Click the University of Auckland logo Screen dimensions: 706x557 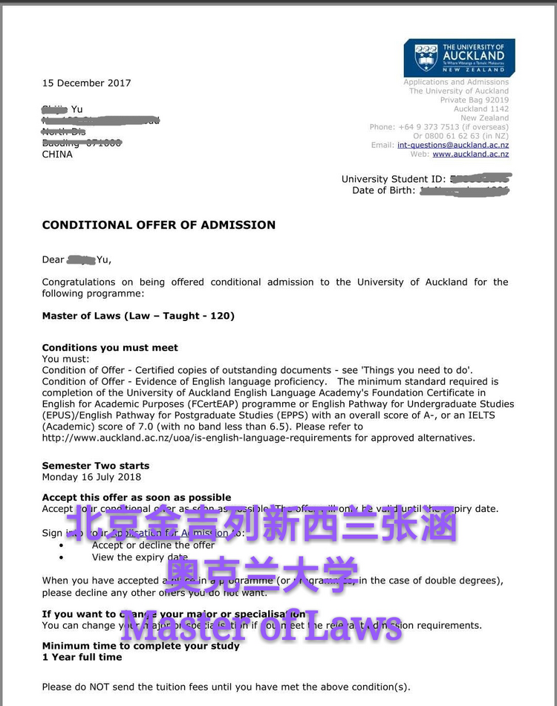coord(459,58)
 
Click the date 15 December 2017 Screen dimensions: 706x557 coord(86,83)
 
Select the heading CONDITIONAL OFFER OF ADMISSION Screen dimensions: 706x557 coord(158,225)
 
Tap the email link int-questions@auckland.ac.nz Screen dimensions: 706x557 coord(453,145)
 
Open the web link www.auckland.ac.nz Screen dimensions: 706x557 coord(471,154)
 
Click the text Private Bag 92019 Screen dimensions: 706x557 coord(475,100)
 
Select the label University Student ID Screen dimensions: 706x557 coord(393,179)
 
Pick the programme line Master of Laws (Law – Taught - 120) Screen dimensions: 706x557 coord(138,316)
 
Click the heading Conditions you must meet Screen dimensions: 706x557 coord(110,348)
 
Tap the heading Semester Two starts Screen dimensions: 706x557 coord(96,466)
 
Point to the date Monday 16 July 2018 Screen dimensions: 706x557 coord(91,477)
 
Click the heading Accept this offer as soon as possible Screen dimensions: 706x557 coord(137,498)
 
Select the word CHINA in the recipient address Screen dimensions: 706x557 coord(57,155)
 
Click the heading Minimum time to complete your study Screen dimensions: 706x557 coord(140,646)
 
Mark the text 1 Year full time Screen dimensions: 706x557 coord(82,657)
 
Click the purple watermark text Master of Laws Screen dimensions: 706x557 coord(261,626)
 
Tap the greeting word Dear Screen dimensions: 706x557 coord(53,260)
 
